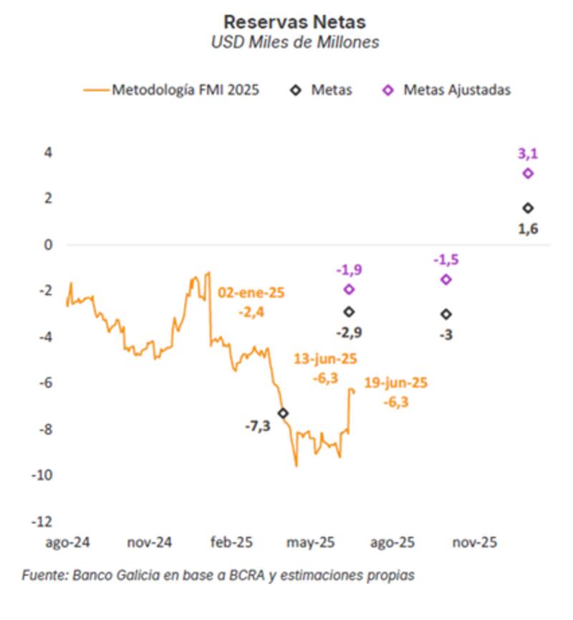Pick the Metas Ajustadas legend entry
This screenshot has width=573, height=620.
tap(456, 90)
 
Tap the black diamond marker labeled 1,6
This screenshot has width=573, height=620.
tap(528, 208)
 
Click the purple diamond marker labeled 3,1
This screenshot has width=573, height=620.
tap(528, 173)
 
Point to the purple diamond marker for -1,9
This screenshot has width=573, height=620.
tap(349, 289)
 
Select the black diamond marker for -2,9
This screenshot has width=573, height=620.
tap(349, 312)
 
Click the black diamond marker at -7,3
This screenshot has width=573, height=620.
tap(283, 413)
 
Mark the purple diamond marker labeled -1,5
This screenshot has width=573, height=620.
tap(446, 279)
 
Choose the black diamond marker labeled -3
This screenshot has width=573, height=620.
tap(446, 314)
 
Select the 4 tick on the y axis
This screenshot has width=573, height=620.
tap(49, 152)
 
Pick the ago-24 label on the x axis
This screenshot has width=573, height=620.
tap(67, 543)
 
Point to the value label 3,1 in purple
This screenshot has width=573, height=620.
tap(528, 152)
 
